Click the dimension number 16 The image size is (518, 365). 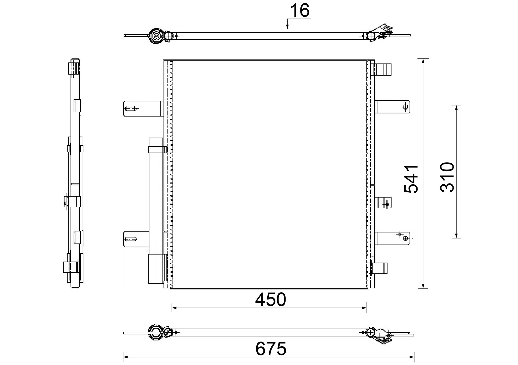pyautogui.click(x=300, y=11)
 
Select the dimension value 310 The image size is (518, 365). pyautogui.click(x=447, y=177)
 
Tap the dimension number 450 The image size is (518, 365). pyautogui.click(x=270, y=300)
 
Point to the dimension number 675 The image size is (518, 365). pyautogui.click(x=271, y=349)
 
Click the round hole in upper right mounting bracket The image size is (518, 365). pyautogui.click(x=405, y=107)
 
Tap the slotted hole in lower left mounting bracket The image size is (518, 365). pyautogui.click(x=131, y=239)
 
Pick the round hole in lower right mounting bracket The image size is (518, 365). pyautogui.click(x=405, y=238)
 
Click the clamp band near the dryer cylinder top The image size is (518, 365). pyautogui.click(x=158, y=150)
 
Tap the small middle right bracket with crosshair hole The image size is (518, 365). pyautogui.click(x=383, y=203)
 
